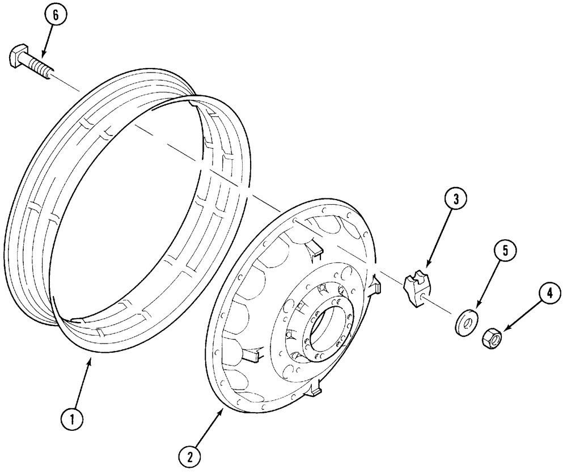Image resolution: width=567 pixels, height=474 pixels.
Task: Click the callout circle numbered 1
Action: point(71,419)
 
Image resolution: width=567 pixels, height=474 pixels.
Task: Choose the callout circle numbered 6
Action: point(55,16)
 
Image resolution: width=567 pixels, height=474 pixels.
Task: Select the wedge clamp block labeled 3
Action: point(417,287)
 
